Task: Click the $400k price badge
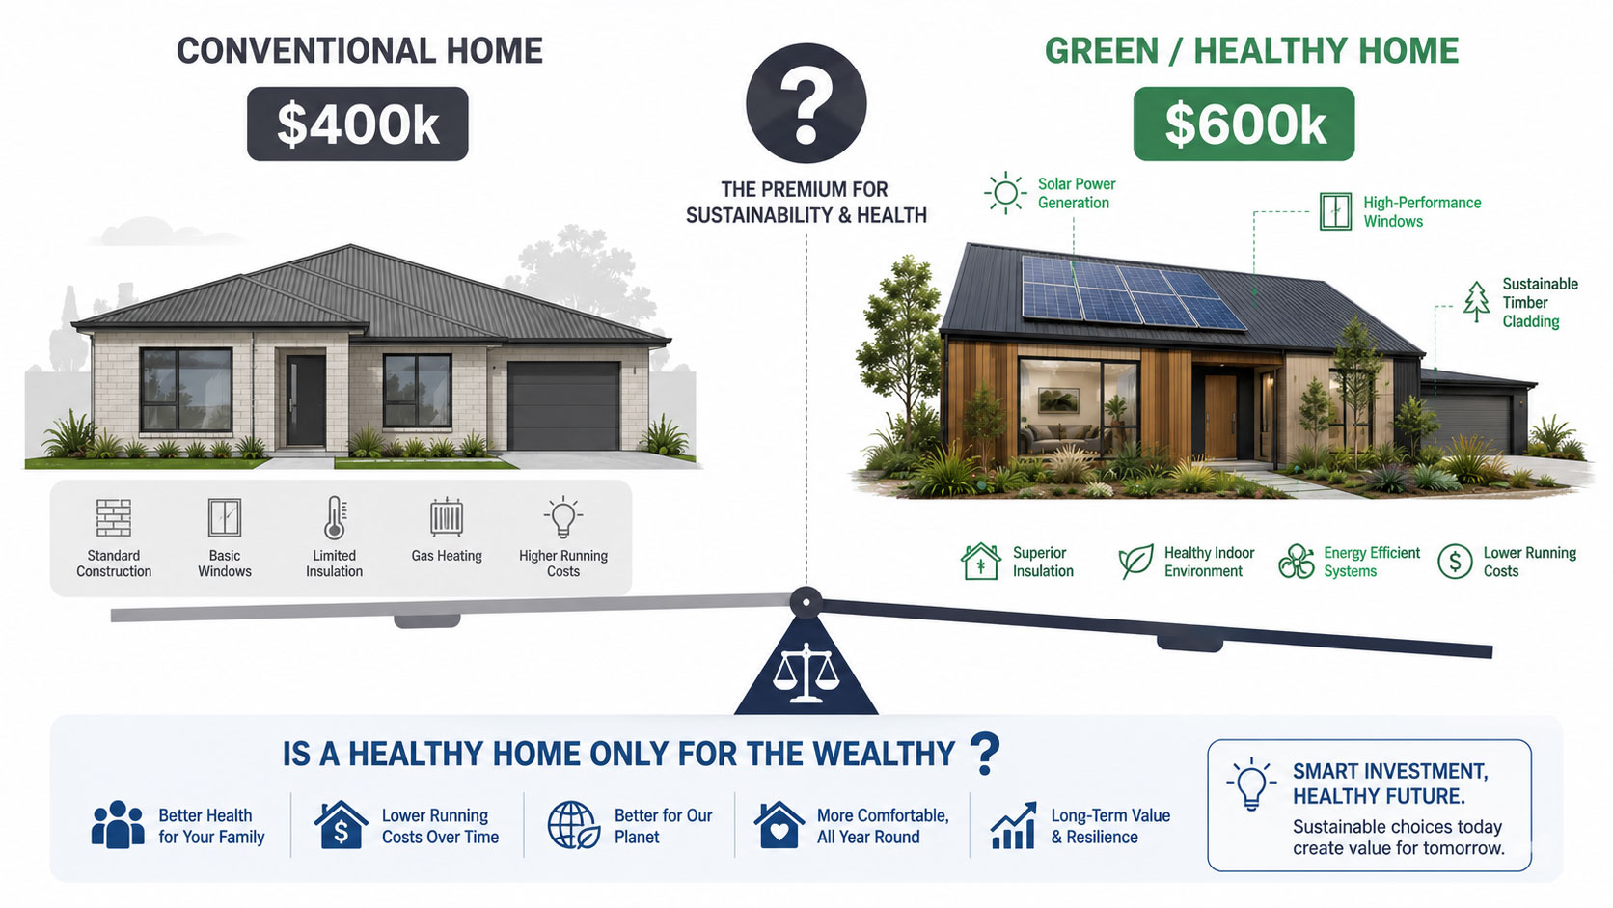click(x=357, y=124)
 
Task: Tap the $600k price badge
click(x=1244, y=124)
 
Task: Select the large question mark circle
click(x=806, y=103)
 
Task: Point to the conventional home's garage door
click(x=563, y=405)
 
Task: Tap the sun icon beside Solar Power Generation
click(x=1005, y=193)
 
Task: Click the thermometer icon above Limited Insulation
click(x=335, y=518)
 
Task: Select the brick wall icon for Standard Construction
click(x=114, y=518)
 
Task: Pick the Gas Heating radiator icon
click(x=447, y=517)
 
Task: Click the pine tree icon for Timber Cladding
click(x=1476, y=302)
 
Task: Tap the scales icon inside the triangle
click(x=806, y=674)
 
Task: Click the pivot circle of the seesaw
click(x=806, y=602)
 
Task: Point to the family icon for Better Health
click(x=118, y=824)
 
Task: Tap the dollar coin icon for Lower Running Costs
click(x=1456, y=562)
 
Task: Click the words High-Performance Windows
click(x=1422, y=211)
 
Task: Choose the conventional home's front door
click(x=305, y=401)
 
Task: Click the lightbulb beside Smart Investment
click(x=1251, y=784)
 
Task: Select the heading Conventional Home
click(x=359, y=51)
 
